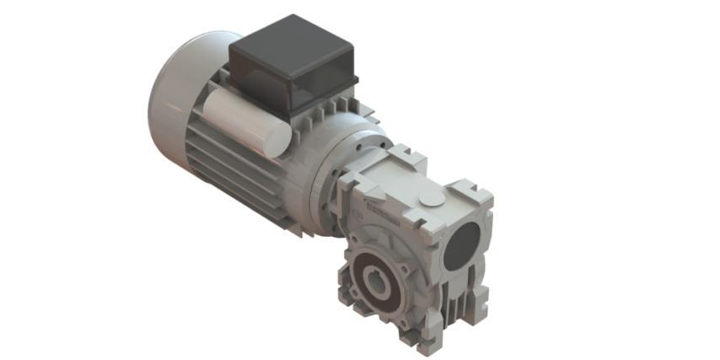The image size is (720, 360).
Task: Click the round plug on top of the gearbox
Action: (x=430, y=199)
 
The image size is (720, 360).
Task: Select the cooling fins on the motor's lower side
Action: (x=228, y=173)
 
